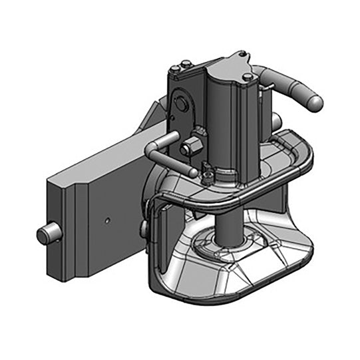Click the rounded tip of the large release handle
(x=314, y=101)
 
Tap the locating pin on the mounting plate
(x=45, y=234)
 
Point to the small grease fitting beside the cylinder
(x=207, y=175)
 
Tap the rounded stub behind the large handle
(x=275, y=122)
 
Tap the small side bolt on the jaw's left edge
(x=144, y=228)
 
